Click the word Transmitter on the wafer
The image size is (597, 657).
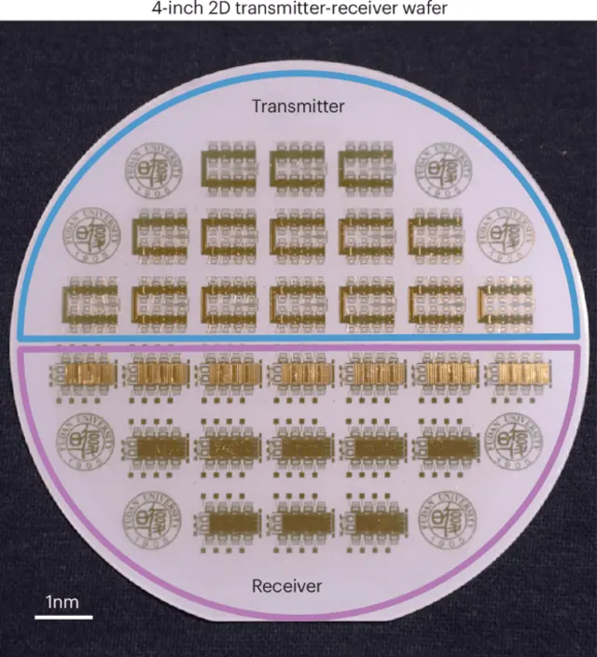click(x=298, y=106)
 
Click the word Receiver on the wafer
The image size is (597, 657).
click(x=287, y=586)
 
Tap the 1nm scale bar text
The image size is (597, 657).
click(x=63, y=602)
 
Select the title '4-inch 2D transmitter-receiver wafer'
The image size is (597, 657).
click(x=298, y=8)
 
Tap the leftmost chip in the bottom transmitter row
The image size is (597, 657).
click(x=91, y=303)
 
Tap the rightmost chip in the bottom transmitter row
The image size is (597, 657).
click(x=505, y=303)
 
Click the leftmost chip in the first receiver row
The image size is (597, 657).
click(x=91, y=374)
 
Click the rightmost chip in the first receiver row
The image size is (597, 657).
click(x=505, y=374)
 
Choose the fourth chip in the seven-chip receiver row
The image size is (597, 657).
click(x=298, y=374)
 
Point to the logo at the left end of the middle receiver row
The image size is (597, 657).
click(x=87, y=443)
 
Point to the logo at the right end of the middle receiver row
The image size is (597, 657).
click(x=510, y=443)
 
